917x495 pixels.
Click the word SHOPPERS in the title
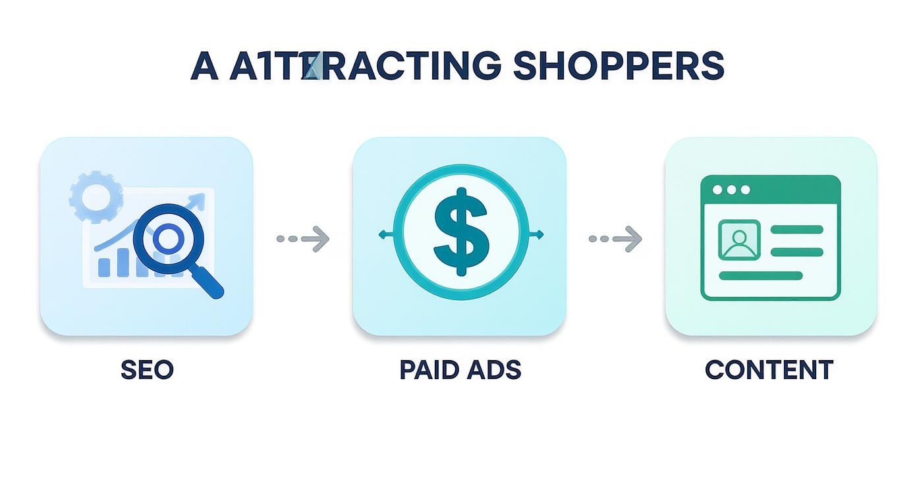(x=618, y=66)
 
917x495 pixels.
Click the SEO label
(x=147, y=369)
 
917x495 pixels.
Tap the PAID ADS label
(x=460, y=369)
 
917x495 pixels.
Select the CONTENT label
(x=769, y=369)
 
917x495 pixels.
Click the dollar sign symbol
(x=461, y=232)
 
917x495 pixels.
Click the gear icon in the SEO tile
(x=96, y=196)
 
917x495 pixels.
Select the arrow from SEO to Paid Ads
(x=303, y=238)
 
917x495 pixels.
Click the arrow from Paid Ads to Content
(x=615, y=238)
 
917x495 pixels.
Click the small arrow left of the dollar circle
(x=382, y=234)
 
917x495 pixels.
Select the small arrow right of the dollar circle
(x=540, y=234)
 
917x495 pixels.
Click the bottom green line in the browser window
(x=760, y=276)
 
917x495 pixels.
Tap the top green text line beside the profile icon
(x=796, y=230)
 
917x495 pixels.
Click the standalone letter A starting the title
(x=204, y=66)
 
